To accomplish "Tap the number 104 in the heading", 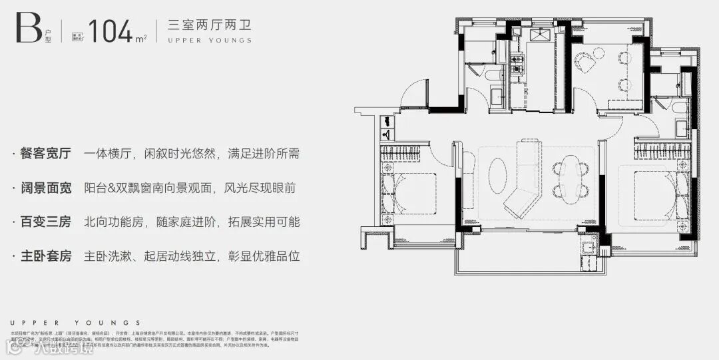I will pyautogui.click(x=111, y=31).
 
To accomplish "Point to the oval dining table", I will pyautogui.click(x=570, y=176).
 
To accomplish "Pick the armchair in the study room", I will pyautogui.click(x=587, y=61).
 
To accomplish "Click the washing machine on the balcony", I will pyautogui.click(x=589, y=250).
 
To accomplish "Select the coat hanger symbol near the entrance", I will pyautogui.click(x=387, y=134).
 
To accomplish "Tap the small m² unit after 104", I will pyautogui.click(x=141, y=37).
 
